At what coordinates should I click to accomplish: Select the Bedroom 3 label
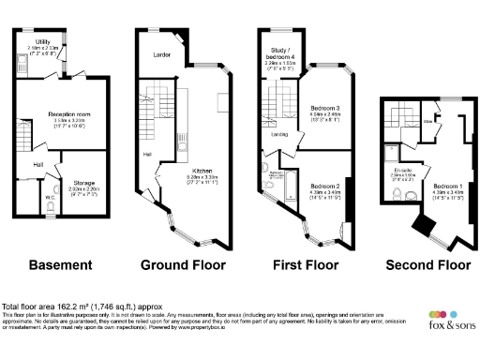tap(323, 109)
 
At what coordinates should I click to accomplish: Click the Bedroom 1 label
tap(441, 187)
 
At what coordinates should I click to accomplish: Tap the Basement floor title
tap(60, 265)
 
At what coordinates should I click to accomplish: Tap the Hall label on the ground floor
tap(147, 153)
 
